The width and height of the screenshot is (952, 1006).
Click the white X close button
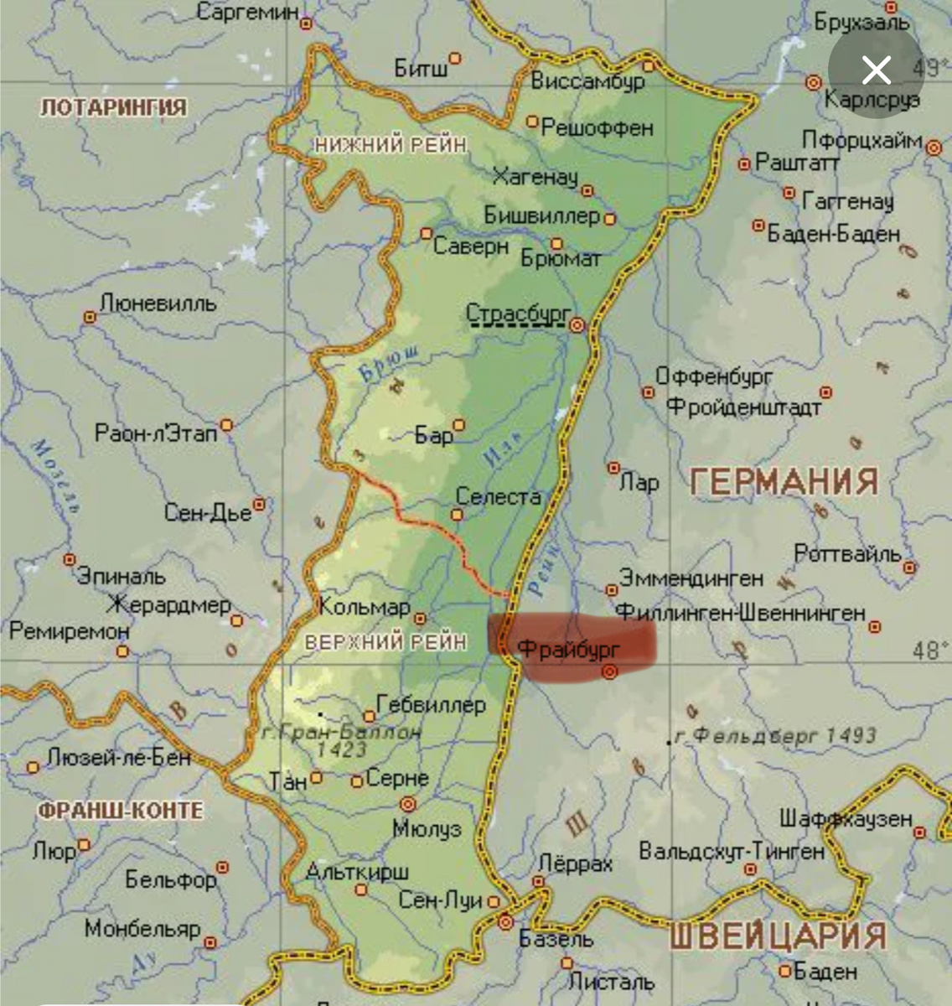click(x=876, y=70)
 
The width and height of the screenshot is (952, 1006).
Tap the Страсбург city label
click(x=516, y=312)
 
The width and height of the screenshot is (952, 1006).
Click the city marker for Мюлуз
click(x=409, y=802)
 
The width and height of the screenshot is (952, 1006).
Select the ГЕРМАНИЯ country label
click(x=784, y=482)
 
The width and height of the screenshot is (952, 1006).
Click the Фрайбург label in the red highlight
click(x=568, y=648)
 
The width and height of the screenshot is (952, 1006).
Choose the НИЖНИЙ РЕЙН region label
click(x=391, y=145)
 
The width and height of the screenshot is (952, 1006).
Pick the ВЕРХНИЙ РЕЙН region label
click(x=385, y=642)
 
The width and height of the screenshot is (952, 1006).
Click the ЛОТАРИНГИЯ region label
click(x=114, y=107)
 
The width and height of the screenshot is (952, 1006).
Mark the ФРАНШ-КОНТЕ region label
click(x=121, y=811)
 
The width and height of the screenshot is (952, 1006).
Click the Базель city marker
click(x=505, y=923)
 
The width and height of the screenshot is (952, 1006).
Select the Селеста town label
click(x=498, y=497)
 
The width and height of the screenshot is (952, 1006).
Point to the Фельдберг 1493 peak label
click(x=775, y=736)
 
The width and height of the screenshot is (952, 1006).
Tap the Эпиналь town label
click(x=122, y=577)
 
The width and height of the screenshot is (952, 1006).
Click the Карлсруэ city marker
click(x=812, y=82)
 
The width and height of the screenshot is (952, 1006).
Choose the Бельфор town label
click(x=170, y=879)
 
